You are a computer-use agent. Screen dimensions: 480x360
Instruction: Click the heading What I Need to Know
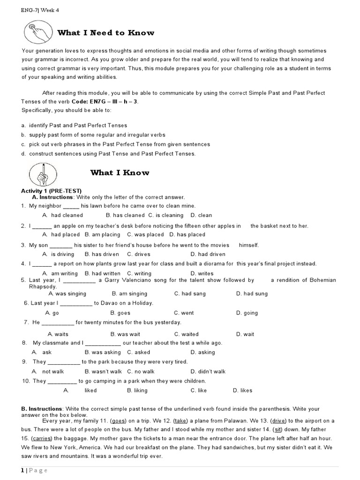click(x=105, y=33)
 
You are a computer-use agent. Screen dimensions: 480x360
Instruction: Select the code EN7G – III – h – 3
click(x=116, y=102)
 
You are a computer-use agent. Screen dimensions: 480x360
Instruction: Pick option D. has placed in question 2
click(x=187, y=235)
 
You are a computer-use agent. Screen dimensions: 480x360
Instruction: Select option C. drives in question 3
click(x=138, y=255)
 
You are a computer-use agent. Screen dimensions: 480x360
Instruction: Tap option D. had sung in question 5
click(x=252, y=294)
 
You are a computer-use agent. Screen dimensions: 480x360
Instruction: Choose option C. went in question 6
click(x=184, y=313)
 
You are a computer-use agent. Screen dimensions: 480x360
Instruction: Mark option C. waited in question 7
click(x=186, y=335)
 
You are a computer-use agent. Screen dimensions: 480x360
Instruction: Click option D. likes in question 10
click(x=242, y=390)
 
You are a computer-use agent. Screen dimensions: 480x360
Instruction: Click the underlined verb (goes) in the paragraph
click(x=120, y=421)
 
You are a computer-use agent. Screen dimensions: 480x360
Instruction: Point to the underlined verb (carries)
click(x=42, y=439)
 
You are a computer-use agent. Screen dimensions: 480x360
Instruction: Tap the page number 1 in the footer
click(x=22, y=471)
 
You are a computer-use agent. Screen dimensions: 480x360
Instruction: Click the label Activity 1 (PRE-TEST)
click(x=51, y=191)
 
